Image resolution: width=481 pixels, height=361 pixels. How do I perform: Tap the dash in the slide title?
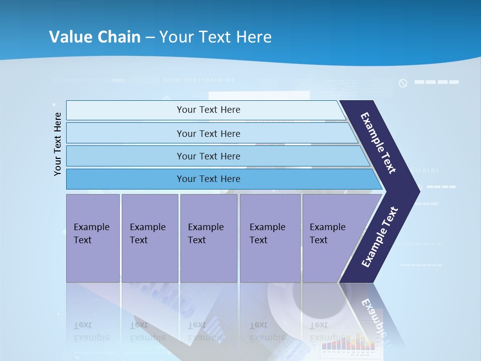pyautogui.click(x=150, y=38)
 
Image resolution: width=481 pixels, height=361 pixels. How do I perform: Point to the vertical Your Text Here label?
pyautogui.click(x=58, y=144)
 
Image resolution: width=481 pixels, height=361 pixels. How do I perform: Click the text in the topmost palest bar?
pyautogui.click(x=208, y=110)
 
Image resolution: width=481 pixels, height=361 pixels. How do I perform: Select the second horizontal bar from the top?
pyautogui.click(x=208, y=133)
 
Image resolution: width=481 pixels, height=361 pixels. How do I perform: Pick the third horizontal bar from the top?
pyautogui.click(x=208, y=156)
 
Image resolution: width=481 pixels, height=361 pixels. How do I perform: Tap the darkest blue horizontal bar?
pyautogui.click(x=208, y=179)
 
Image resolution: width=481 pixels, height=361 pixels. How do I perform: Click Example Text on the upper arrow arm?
pyautogui.click(x=378, y=143)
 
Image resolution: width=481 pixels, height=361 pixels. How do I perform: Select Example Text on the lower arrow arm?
pyautogui.click(x=379, y=237)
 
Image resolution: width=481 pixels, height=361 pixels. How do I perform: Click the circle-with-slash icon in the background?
pyautogui.click(x=403, y=83)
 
